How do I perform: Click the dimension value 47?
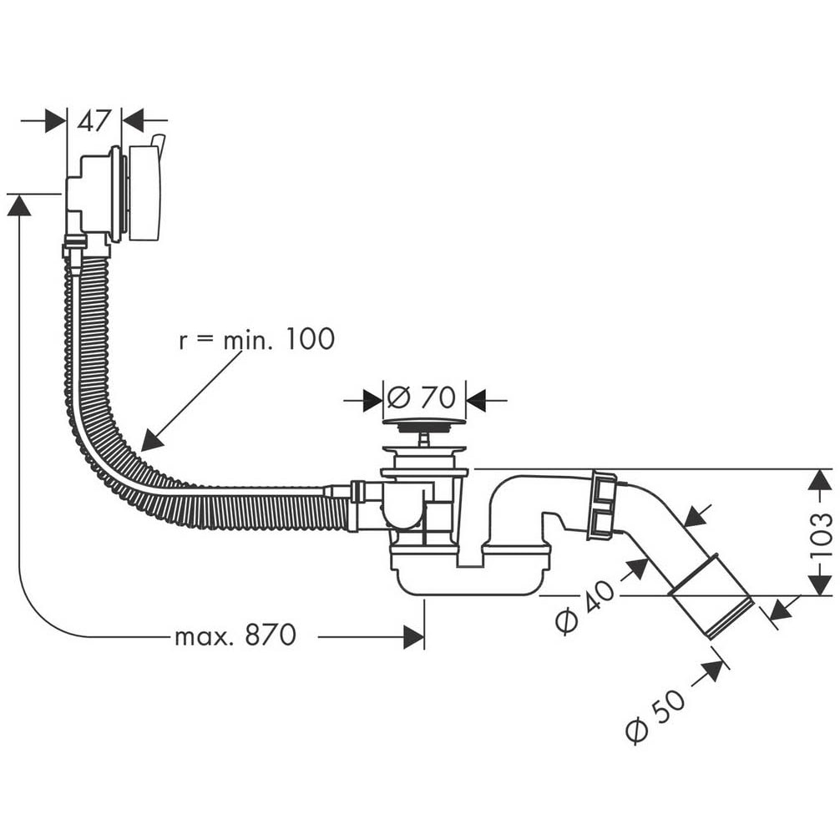(x=94, y=121)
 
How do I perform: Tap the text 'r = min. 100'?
(x=256, y=339)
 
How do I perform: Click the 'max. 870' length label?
(x=235, y=636)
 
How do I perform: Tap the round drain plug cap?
(x=423, y=423)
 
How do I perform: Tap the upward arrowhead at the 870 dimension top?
(x=18, y=205)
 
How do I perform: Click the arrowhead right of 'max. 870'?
(x=413, y=637)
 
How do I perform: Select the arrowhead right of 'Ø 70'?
(x=476, y=401)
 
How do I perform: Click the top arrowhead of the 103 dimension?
(x=820, y=480)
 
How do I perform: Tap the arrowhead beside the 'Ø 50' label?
(x=712, y=670)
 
